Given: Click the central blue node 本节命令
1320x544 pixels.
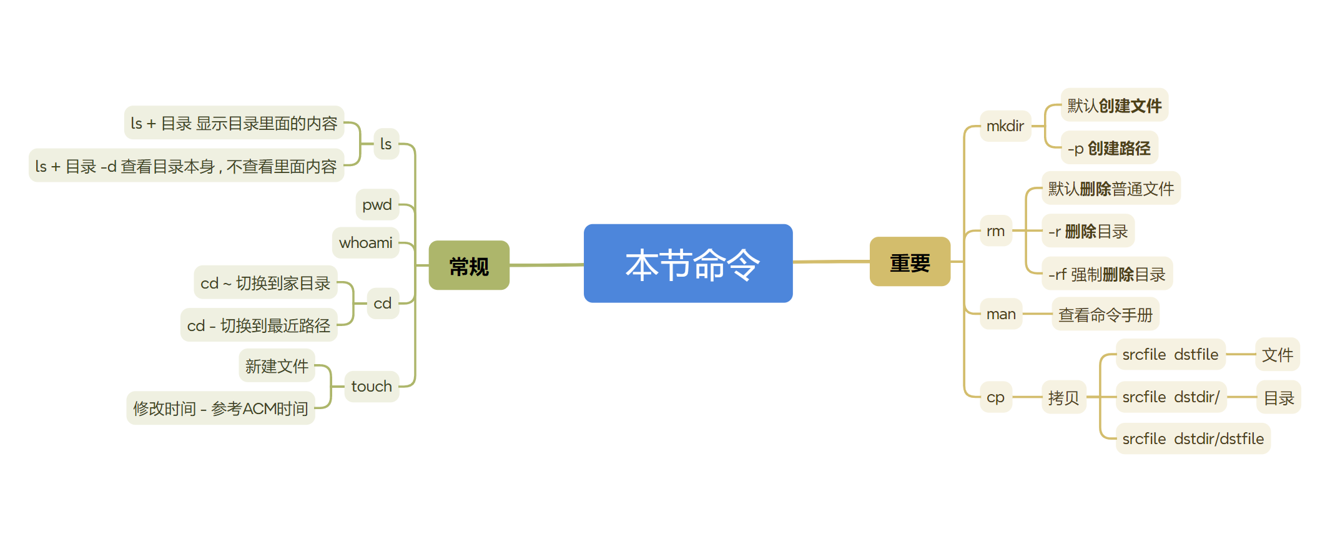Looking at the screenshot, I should click(x=687, y=264).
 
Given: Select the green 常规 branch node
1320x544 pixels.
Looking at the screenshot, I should click(x=469, y=265).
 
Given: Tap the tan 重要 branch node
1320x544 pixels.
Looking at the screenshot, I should click(x=910, y=262).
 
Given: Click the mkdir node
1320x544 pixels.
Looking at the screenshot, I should click(x=1005, y=126).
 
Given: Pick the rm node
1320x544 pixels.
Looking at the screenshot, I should click(x=995, y=231).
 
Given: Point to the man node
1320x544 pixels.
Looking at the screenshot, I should click(x=1000, y=314).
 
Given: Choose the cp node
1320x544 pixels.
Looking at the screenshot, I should click(x=995, y=397).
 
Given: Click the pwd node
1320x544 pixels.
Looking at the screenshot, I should click(x=377, y=205).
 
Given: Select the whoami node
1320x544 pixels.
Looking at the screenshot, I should click(x=366, y=243).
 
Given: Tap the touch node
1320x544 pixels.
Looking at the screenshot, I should click(x=372, y=387).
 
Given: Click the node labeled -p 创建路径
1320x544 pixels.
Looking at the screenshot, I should click(x=1109, y=148).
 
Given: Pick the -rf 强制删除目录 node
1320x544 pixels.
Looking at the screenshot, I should click(x=1106, y=274).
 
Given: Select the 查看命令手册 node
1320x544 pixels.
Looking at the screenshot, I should click(x=1105, y=315).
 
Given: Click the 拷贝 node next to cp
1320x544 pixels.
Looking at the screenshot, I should click(x=1063, y=398).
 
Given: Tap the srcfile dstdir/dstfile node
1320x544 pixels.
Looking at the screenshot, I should click(x=1193, y=439).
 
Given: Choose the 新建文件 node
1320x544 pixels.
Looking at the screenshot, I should click(x=277, y=366).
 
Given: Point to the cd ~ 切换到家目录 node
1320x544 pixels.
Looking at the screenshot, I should click(x=265, y=283).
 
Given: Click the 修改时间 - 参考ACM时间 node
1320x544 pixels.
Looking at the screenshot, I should click(x=220, y=408).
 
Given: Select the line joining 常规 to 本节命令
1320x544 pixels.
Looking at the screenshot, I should click(x=546, y=265).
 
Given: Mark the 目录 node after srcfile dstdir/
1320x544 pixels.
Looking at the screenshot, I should click(x=1278, y=398).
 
